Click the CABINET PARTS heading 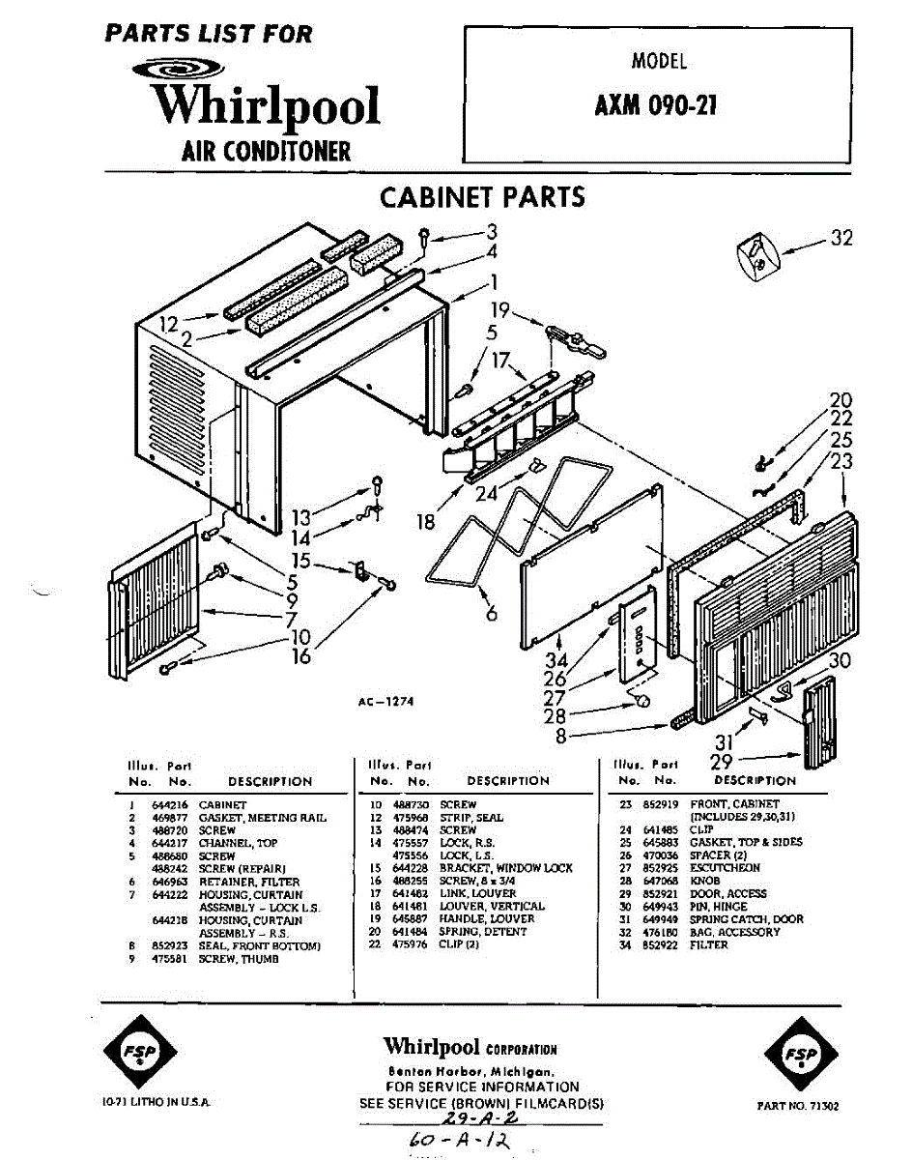[482, 197]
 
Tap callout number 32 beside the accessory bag [841, 239]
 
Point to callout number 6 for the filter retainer [491, 612]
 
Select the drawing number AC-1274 [385, 702]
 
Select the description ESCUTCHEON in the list [725, 868]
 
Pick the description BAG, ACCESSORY [734, 932]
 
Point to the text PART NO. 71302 [798, 1105]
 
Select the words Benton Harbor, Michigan [470, 1071]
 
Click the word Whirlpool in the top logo [269, 105]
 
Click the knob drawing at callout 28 [640, 698]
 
